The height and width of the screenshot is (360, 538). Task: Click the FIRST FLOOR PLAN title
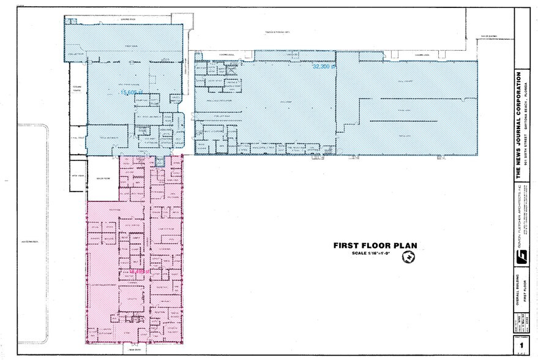(375, 246)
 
